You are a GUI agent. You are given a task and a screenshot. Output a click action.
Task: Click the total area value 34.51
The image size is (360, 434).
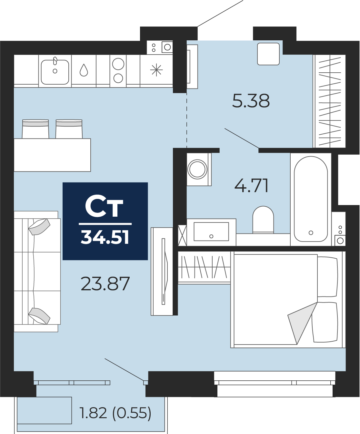click(105, 237)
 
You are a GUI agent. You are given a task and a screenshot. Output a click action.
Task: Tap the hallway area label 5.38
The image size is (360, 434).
click(251, 101)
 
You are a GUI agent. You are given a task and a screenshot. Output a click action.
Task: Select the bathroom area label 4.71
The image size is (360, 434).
click(251, 185)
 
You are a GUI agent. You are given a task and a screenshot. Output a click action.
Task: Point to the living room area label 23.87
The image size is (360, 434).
click(105, 284)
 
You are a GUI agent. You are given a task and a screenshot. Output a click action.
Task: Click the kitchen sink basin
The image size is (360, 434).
click(55, 72)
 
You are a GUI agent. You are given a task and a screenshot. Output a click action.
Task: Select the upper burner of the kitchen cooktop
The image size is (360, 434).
click(118, 64)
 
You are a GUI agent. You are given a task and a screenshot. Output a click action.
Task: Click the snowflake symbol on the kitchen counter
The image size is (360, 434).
click(156, 70)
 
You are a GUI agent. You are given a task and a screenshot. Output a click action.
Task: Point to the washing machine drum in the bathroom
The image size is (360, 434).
click(197, 170)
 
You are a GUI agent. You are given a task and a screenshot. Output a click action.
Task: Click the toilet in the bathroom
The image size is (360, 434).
click(263, 220)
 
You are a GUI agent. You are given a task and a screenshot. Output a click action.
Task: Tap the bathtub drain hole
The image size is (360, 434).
click(311, 232)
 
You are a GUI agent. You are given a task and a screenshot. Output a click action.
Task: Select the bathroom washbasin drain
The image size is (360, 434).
click(211, 236)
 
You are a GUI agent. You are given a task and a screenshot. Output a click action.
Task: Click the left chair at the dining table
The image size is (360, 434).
click(35, 129)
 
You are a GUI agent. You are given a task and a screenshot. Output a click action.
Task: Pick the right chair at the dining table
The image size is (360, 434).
click(69, 129)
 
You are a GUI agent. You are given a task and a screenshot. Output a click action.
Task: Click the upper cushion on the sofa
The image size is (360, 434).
click(39, 227)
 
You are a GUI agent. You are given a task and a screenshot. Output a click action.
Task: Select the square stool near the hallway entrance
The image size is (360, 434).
click(268, 54)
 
